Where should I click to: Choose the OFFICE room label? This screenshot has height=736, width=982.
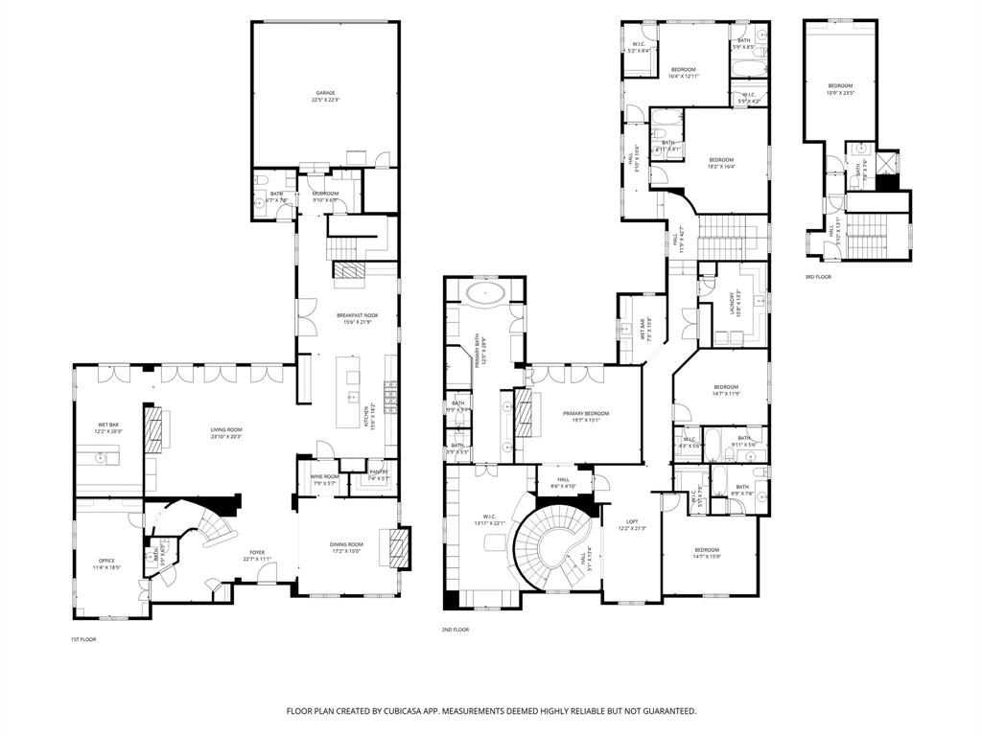(x=106, y=563)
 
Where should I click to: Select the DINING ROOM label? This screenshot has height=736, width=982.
(x=346, y=547)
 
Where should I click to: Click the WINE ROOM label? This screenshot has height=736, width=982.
(x=324, y=479)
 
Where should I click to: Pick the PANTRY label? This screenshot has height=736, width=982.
(x=378, y=474)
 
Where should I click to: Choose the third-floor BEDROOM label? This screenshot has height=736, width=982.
(x=840, y=88)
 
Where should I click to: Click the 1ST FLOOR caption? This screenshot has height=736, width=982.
(x=83, y=639)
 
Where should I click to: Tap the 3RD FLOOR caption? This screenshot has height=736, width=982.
(x=818, y=276)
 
